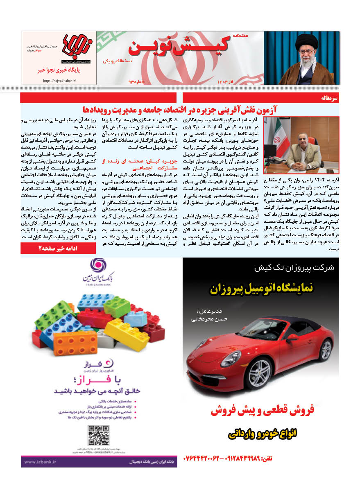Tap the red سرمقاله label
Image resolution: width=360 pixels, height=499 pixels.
(329, 98)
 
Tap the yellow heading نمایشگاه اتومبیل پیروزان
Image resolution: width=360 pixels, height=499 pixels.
(262, 289)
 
